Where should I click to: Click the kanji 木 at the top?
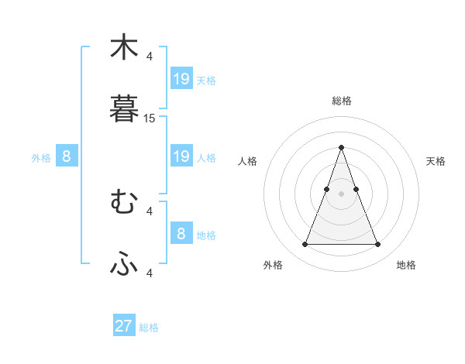click(124, 47)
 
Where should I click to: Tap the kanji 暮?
click(124, 108)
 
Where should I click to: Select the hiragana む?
click(124, 202)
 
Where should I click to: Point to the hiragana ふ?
click(124, 264)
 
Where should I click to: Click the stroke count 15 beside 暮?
click(150, 118)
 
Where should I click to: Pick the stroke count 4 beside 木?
click(150, 56)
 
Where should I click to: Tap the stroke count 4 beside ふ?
click(150, 273)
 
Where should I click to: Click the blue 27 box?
click(124, 326)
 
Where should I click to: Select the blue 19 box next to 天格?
click(181, 79)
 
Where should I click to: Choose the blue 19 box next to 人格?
click(181, 156)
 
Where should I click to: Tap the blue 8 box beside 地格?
click(181, 233)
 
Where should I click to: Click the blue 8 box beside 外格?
click(67, 156)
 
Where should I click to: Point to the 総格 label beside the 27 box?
click(150, 328)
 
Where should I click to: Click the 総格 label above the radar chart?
click(341, 101)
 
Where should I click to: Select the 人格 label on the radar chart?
click(248, 161)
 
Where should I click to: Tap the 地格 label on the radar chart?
click(406, 265)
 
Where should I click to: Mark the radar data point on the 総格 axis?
click(341, 147)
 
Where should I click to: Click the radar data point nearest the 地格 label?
click(377, 245)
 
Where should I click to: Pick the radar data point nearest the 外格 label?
click(305, 245)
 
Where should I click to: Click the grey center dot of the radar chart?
click(341, 194)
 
